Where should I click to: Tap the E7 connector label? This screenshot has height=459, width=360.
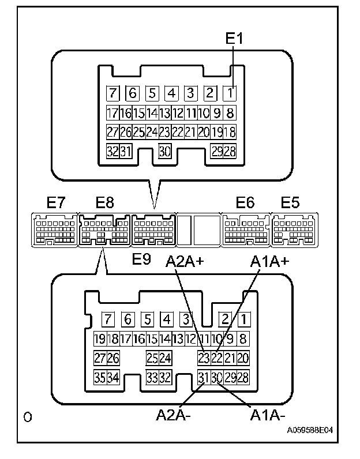pyautogui.click(x=57, y=203)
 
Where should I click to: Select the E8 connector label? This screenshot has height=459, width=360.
pyautogui.click(x=104, y=203)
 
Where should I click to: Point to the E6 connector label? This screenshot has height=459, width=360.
pyautogui.click(x=245, y=203)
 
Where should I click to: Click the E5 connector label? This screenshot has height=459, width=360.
pyautogui.click(x=291, y=203)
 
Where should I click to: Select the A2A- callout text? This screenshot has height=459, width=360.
pyautogui.click(x=171, y=414)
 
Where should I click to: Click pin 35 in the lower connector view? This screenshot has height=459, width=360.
pyautogui.click(x=99, y=378)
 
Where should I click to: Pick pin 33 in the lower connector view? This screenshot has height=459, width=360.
pyautogui.click(x=152, y=378)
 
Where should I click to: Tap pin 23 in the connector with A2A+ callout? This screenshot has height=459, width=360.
pyautogui.click(x=203, y=358)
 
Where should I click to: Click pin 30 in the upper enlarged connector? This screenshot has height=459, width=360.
pyautogui.click(x=165, y=151)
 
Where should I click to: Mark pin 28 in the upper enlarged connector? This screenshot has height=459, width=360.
pyautogui.click(x=230, y=151)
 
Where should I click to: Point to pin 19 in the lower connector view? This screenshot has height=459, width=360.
pyautogui.click(x=99, y=338)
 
